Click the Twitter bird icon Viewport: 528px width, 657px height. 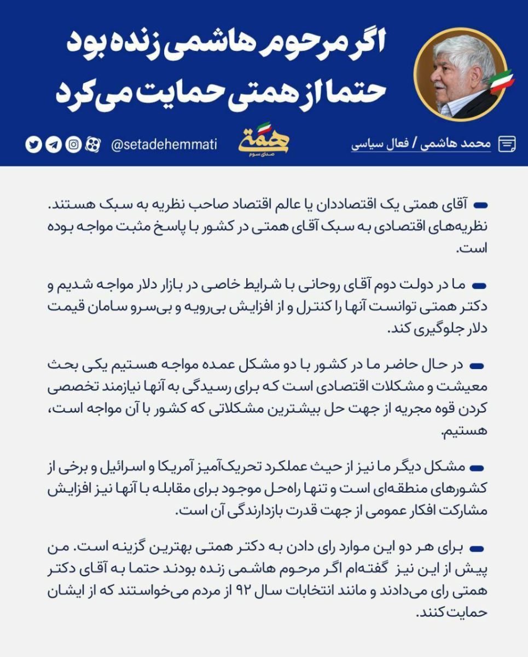tap(33, 145)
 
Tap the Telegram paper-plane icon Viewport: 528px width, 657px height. tap(54, 145)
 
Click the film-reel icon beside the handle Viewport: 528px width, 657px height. tap(94, 145)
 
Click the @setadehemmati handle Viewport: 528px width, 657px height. tap(164, 145)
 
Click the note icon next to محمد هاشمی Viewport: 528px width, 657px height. tap(507, 144)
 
